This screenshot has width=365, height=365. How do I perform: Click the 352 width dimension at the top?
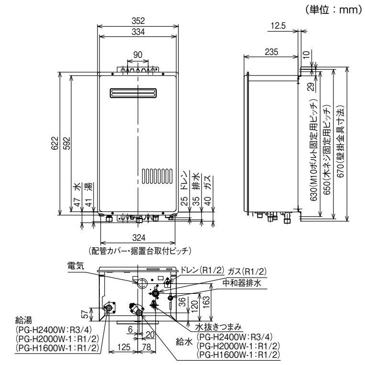(x=138, y=20)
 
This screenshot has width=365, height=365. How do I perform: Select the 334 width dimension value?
(x=138, y=31)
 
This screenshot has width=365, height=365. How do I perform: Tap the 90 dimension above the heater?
(x=138, y=55)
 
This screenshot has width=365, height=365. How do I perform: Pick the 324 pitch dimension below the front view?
(x=139, y=237)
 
